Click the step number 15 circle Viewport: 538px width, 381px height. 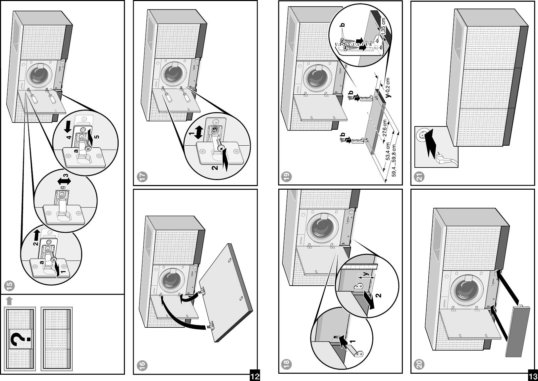[10, 285]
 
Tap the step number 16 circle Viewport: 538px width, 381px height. [142, 365]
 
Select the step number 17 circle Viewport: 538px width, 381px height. [142, 177]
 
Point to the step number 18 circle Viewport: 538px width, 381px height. [287, 364]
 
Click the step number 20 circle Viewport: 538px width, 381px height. [420, 365]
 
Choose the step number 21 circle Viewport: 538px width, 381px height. [420, 177]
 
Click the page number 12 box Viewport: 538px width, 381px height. [254, 376]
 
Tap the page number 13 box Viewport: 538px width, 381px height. [533, 376]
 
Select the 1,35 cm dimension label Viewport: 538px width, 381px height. [383, 26]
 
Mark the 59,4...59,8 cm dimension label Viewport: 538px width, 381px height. [394, 161]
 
